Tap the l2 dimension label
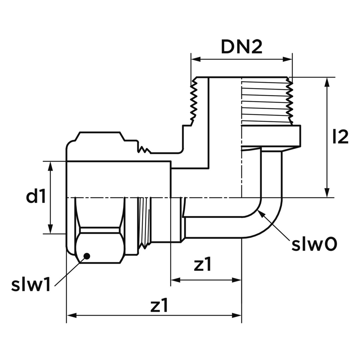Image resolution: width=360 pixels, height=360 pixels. (340, 137)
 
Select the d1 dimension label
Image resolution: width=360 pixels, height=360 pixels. (36, 197)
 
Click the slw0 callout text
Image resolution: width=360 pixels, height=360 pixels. (314, 245)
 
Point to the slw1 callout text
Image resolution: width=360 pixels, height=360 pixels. (31, 286)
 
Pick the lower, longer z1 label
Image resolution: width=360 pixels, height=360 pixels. (159, 306)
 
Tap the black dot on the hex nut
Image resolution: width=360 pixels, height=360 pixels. (87, 256)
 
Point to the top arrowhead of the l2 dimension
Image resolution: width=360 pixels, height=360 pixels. (327, 82)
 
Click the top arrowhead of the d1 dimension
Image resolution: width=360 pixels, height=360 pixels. (50, 166)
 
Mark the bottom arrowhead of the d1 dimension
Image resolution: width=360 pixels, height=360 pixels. (50, 229)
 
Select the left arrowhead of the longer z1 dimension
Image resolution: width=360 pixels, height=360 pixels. (72, 315)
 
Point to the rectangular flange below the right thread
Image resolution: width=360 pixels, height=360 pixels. (271, 136)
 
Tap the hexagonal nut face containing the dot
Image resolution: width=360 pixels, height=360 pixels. (99, 248)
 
